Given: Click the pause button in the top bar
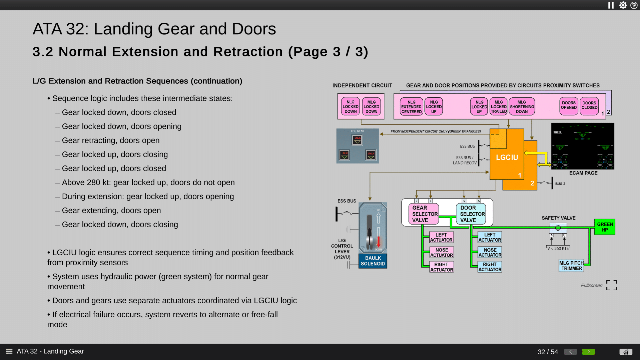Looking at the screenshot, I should pyautogui.click(x=611, y=5).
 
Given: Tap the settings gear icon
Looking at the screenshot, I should pyautogui.click(x=623, y=5).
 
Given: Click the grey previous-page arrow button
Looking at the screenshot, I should pyautogui.click(x=570, y=352).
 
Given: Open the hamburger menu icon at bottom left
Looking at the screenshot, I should pyautogui.click(x=9, y=351).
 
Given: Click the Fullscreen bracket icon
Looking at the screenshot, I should pyautogui.click(x=611, y=285).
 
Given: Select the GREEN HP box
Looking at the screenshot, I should pyautogui.click(x=605, y=227).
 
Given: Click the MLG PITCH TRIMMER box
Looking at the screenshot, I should pyautogui.click(x=571, y=266).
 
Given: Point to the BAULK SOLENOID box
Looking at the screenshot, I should pyautogui.click(x=373, y=261).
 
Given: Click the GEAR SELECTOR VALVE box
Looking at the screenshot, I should pyautogui.click(x=424, y=214).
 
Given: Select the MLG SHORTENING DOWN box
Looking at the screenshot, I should pyautogui.click(x=522, y=107).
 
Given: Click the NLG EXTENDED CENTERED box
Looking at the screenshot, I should pyautogui.click(x=411, y=107).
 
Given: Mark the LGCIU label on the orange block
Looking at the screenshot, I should pyautogui.click(x=507, y=157).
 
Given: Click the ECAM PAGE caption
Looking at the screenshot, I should pyautogui.click(x=583, y=173).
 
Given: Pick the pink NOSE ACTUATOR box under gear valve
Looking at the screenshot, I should pyautogui.click(x=441, y=253).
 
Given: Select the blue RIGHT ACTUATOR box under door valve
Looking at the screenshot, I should pyautogui.click(x=490, y=267).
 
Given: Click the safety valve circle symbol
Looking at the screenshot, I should pyautogui.click(x=558, y=228).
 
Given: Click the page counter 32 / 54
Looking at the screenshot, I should pyautogui.click(x=547, y=352).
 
